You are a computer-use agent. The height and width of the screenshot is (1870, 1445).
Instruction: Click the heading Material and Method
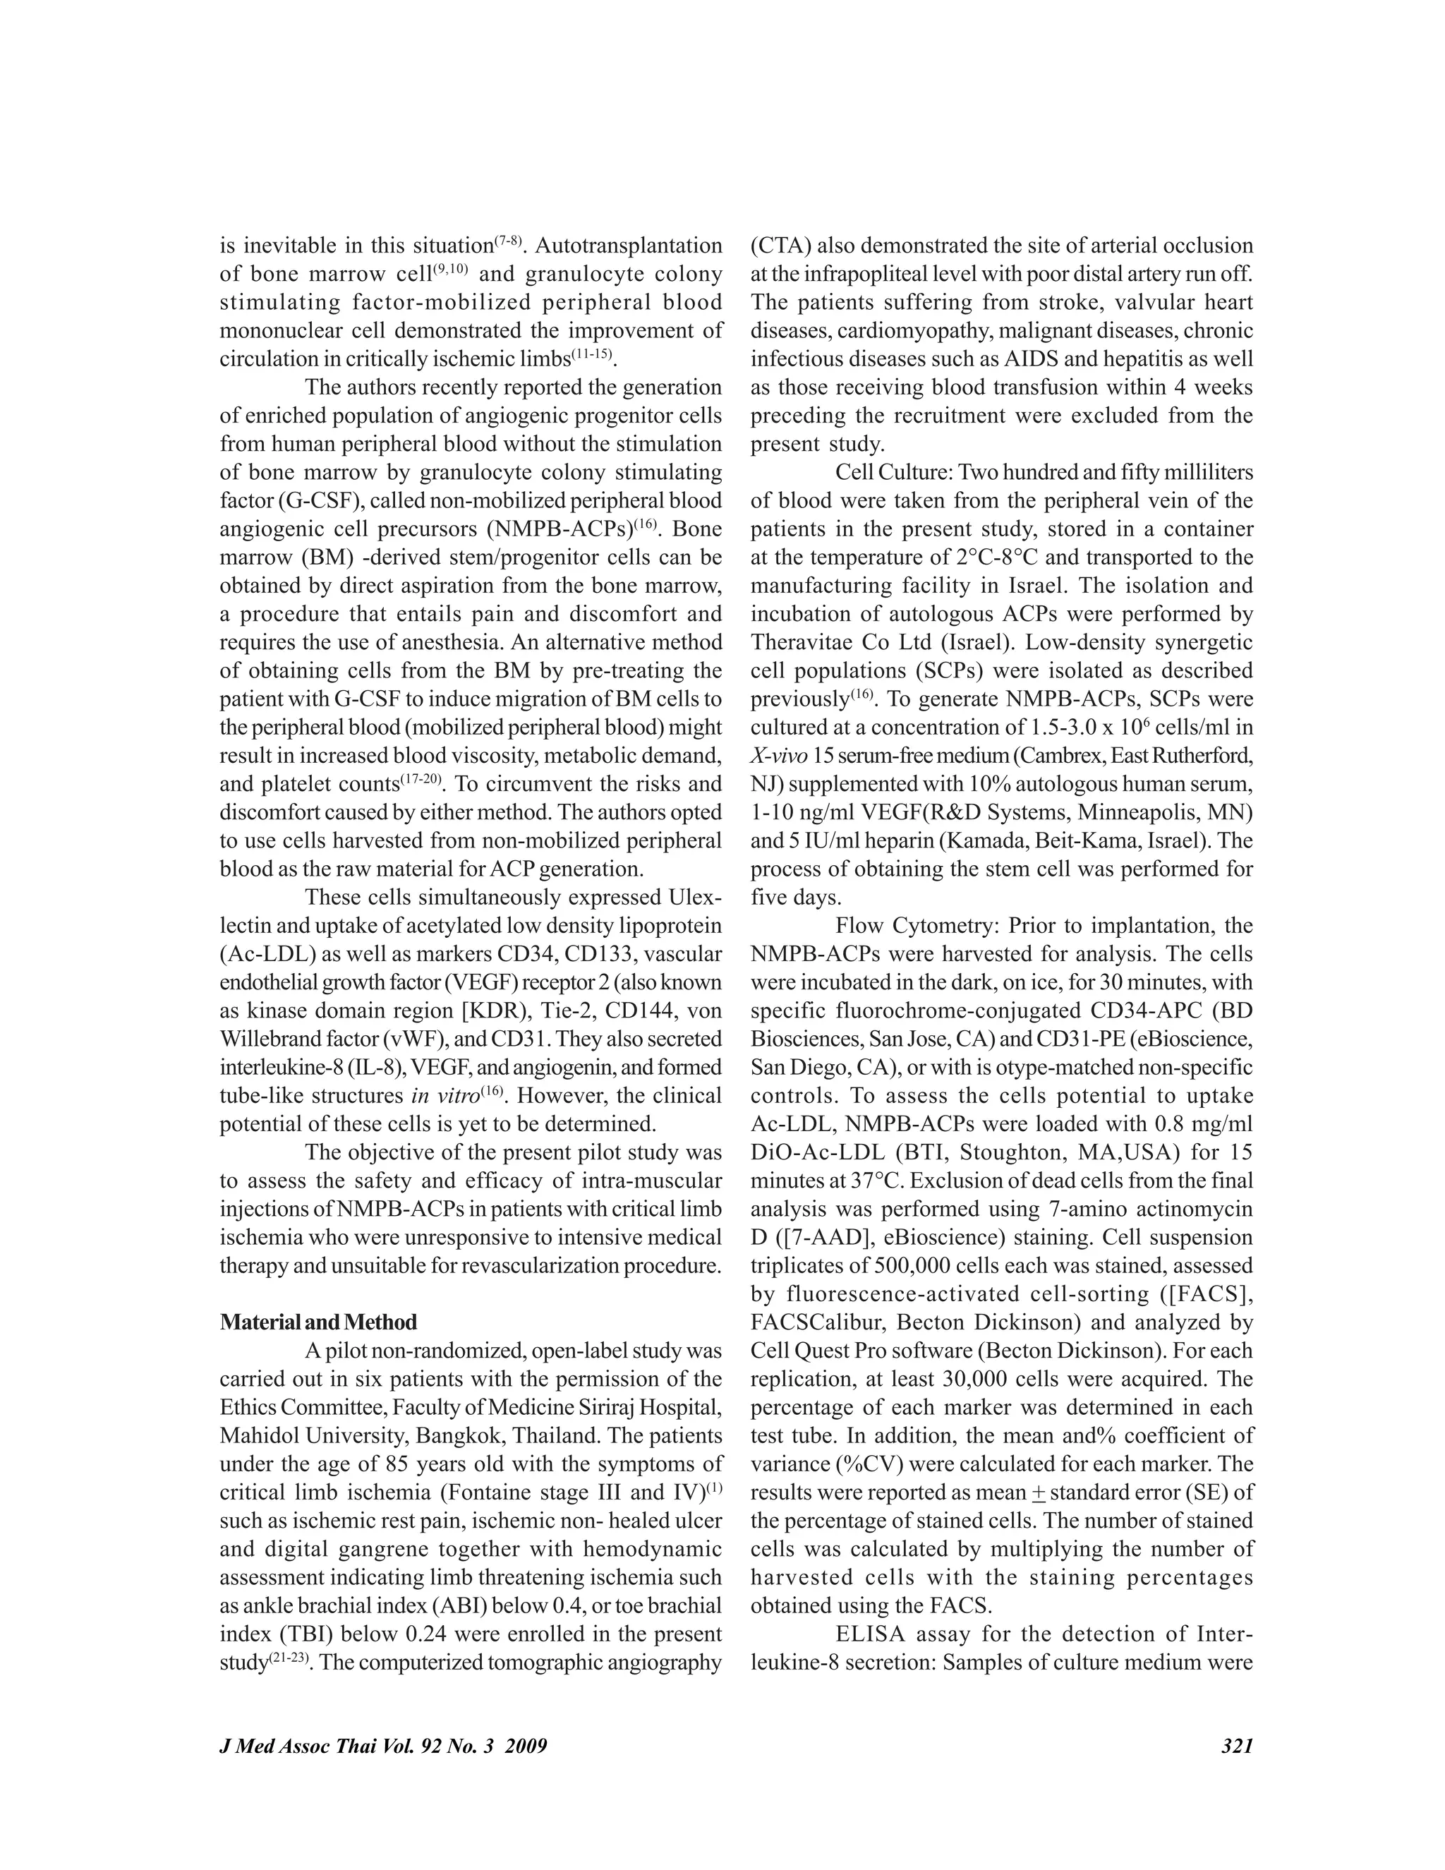point(318,1322)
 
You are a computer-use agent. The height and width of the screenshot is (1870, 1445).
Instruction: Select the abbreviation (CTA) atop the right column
point(781,246)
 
